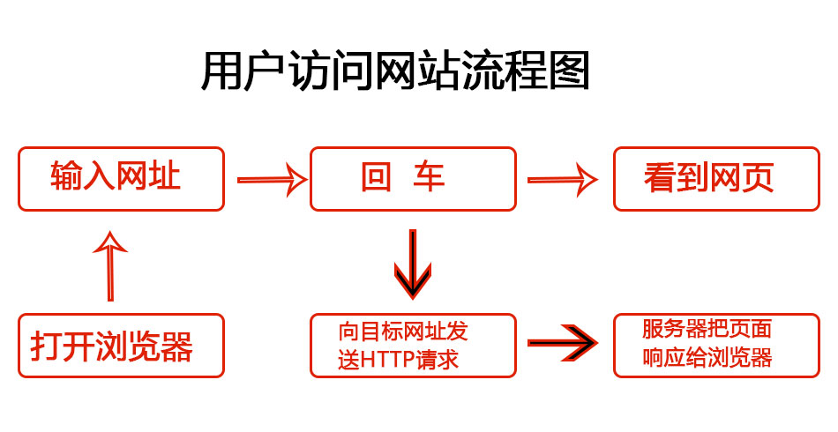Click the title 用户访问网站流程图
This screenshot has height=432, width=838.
[395, 72]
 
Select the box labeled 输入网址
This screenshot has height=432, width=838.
[122, 179]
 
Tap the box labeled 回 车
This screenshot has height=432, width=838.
[412, 179]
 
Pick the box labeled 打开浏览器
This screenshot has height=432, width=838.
[122, 346]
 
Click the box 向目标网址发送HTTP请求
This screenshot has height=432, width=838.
[412, 346]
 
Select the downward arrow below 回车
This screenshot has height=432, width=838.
[412, 263]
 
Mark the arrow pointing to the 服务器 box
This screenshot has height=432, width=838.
[561, 344]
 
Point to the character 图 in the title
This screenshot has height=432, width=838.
[571, 72]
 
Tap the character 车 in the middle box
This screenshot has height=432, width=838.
[430, 179]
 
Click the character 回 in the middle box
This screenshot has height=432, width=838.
[376, 179]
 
